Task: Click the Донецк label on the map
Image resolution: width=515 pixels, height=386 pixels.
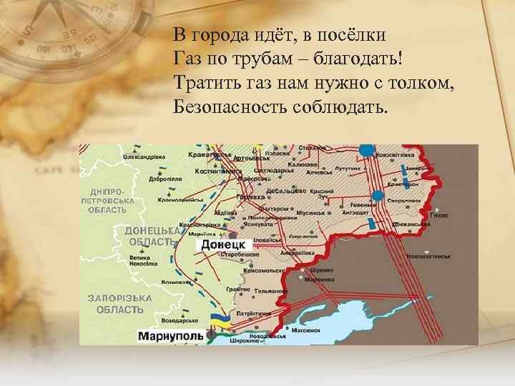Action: pos(222,244)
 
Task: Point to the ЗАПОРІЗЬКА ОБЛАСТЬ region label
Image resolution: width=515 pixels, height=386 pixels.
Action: pos(120,303)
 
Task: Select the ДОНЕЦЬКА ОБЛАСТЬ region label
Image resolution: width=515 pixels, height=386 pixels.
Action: pos(152,236)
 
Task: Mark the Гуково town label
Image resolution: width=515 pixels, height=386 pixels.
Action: pos(438,214)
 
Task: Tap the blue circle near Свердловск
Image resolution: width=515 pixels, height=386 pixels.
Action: pos(378,195)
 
